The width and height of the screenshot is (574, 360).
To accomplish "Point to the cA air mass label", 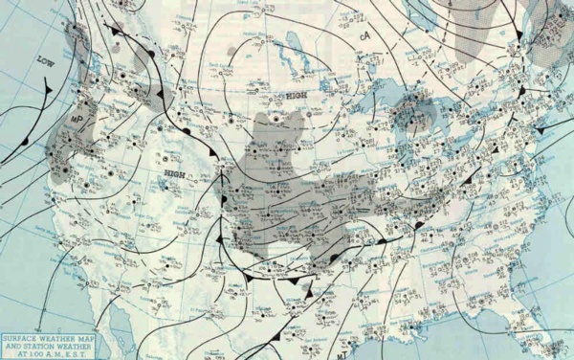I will pyautogui.click(x=364, y=36).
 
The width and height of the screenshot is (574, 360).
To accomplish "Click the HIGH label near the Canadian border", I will pyautogui.click(x=295, y=97).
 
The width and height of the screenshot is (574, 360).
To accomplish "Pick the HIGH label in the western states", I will pyautogui.click(x=174, y=173).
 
